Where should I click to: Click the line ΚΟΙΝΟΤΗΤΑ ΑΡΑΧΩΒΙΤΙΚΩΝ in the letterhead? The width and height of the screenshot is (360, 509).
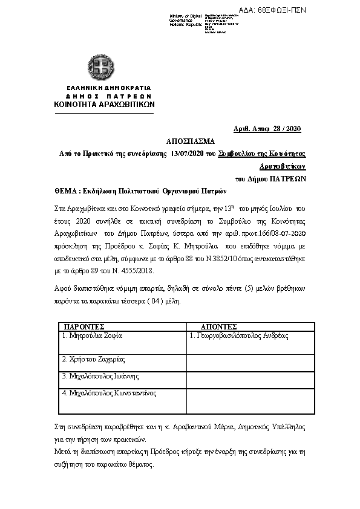(104, 104)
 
